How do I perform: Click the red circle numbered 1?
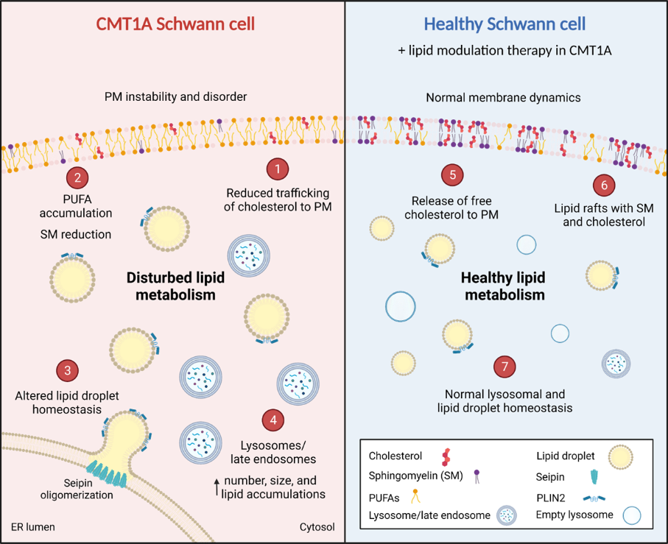coord(277,169)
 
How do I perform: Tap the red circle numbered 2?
coord(77,177)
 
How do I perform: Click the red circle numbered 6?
coord(603,185)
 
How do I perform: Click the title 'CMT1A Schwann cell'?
coord(175,24)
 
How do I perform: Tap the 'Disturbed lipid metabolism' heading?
coord(175,287)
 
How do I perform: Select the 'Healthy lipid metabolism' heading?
coord(503,287)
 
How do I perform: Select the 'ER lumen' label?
coord(33,527)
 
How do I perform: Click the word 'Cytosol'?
coord(317,527)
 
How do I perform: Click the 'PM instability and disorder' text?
coord(175,97)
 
